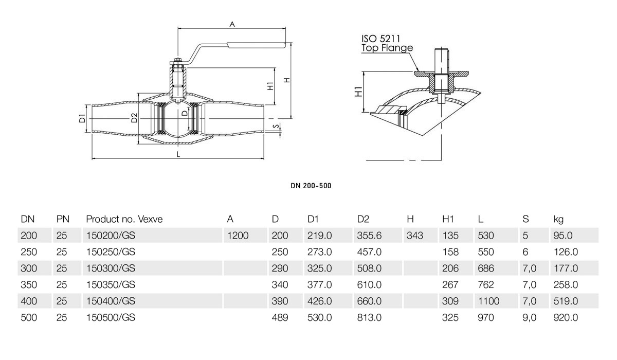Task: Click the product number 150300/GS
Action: click(111, 268)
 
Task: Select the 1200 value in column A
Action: click(238, 236)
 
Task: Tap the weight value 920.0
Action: click(566, 317)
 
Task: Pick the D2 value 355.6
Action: click(369, 236)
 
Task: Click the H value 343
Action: click(415, 236)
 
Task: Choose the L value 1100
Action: click(488, 301)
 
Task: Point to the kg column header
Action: click(558, 219)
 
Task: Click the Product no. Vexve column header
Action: click(124, 219)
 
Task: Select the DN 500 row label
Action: click(29, 317)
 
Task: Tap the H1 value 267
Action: click(450, 284)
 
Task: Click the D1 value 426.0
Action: click(319, 301)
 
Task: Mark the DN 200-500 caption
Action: click(311, 186)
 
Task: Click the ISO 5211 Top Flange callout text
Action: click(387, 43)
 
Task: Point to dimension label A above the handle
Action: click(232, 24)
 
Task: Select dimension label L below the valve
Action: click(178, 154)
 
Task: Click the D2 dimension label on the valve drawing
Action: click(134, 118)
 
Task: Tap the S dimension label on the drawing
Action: click(276, 126)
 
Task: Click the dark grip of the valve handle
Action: click(256, 45)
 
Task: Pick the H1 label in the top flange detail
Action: click(358, 92)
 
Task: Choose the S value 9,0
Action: click(529, 317)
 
